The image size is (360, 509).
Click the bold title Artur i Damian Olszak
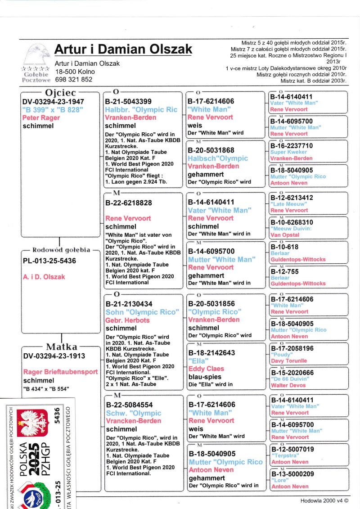[x=123, y=49]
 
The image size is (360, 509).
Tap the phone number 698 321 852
[x=74, y=79]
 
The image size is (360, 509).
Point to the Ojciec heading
[x=59, y=93]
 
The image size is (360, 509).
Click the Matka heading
[x=61, y=347]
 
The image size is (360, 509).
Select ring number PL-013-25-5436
[x=49, y=261]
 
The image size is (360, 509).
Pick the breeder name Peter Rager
[x=41, y=117]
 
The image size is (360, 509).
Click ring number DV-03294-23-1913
[x=54, y=356]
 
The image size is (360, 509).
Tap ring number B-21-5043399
[x=128, y=101]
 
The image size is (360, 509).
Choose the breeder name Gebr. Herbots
[x=127, y=320]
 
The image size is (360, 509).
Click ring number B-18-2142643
[x=211, y=353]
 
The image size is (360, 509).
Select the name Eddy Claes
[x=206, y=369]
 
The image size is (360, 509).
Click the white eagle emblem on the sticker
[x=31, y=423]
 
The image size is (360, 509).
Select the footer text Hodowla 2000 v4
[x=324, y=500]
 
